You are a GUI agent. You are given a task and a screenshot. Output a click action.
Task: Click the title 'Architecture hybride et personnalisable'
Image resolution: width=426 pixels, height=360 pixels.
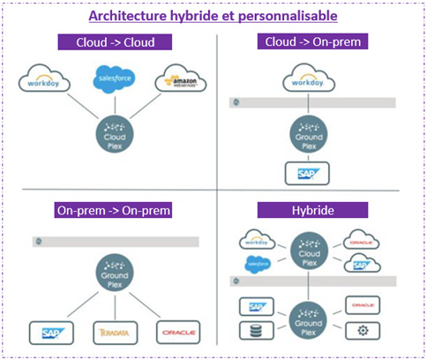[213, 16]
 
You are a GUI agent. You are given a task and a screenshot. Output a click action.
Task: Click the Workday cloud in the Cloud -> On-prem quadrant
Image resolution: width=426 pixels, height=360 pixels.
[310, 80]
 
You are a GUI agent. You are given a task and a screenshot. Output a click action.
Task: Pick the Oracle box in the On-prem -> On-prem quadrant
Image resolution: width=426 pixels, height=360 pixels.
[176, 332]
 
